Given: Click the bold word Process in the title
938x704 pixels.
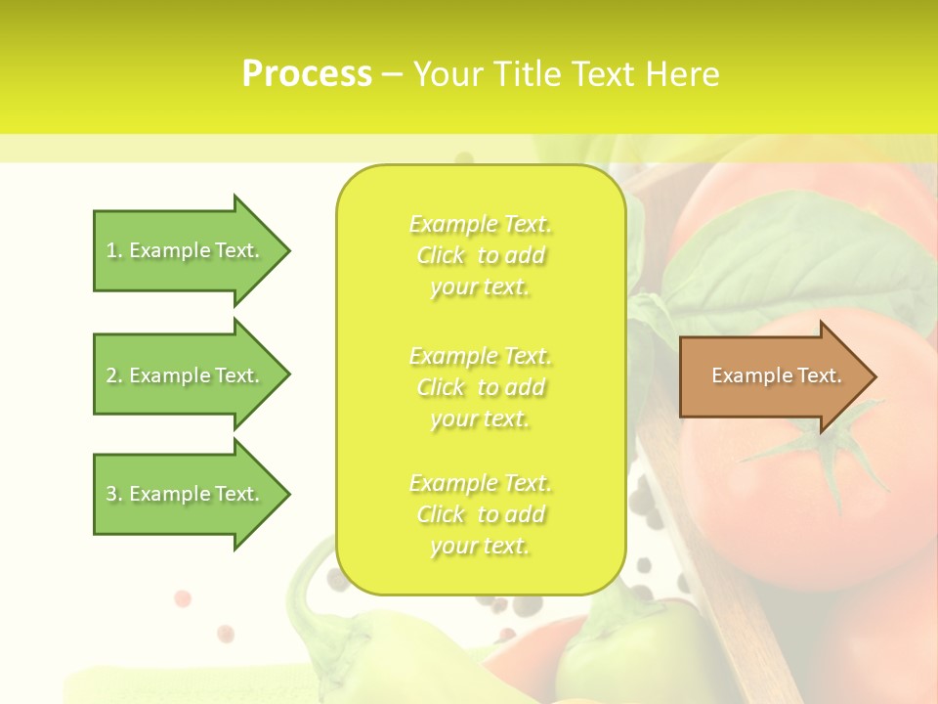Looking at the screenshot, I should point(307,74).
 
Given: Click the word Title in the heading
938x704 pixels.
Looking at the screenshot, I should point(527,74).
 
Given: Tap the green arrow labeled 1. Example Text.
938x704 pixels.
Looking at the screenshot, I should point(186,250).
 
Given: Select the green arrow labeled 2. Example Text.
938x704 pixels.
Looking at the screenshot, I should point(186,375).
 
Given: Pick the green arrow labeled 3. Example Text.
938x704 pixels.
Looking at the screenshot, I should point(186,494).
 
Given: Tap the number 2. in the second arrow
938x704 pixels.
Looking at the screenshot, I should point(113,375).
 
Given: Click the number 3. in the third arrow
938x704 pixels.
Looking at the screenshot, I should point(113,494).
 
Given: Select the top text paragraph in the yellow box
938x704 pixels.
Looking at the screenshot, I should point(480,255).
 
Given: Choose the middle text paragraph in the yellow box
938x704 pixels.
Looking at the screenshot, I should point(480,387).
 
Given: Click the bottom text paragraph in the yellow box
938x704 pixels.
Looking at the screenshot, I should point(480,514).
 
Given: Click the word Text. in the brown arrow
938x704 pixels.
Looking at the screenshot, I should point(819,375).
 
